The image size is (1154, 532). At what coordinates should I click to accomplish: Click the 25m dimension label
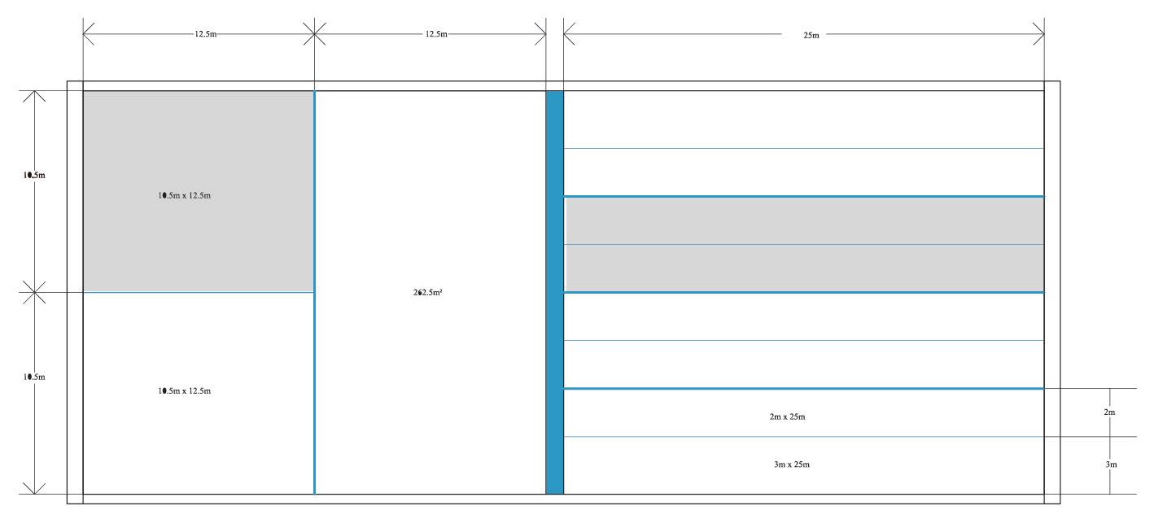pyautogui.click(x=811, y=35)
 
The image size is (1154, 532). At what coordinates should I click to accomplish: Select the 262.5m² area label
pyautogui.click(x=427, y=293)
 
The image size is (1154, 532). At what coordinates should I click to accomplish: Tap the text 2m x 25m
pyautogui.click(x=788, y=416)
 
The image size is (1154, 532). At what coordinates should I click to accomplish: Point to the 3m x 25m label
pyautogui.click(x=791, y=464)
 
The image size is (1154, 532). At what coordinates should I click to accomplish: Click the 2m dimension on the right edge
pyautogui.click(x=1109, y=412)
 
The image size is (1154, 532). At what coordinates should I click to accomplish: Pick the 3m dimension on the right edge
pyautogui.click(x=1109, y=464)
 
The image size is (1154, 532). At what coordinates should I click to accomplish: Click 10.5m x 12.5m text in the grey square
pyautogui.click(x=185, y=195)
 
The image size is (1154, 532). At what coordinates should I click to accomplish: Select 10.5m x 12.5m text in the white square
pyautogui.click(x=185, y=391)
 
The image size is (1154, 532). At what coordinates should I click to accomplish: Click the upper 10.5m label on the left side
pyautogui.click(x=34, y=175)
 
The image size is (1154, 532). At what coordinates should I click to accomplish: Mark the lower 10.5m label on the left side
pyautogui.click(x=34, y=377)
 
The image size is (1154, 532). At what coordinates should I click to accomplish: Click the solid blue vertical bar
pyautogui.click(x=554, y=293)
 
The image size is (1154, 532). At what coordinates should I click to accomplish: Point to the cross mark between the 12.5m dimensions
pyautogui.click(x=314, y=34)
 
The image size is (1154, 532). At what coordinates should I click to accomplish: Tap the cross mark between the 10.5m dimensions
pyautogui.click(x=33, y=292)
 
